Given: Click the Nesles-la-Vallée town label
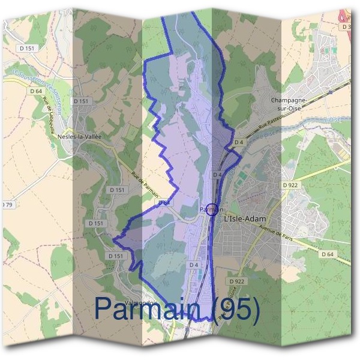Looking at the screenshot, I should click(x=80, y=136).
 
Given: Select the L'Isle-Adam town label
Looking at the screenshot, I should click(x=244, y=220).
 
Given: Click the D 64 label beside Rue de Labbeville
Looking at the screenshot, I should click(x=35, y=91).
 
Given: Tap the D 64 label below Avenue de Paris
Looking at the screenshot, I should click(x=327, y=254).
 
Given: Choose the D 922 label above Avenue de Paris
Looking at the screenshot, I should click(x=290, y=185).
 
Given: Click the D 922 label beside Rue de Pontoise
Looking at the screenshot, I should click(x=238, y=281).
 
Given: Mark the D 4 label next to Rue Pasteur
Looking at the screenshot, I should click(x=238, y=142).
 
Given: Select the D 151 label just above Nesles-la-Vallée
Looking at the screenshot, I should click(x=81, y=101).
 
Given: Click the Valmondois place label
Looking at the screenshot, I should click(x=141, y=303).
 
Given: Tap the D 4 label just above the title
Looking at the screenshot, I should click(x=193, y=265).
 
